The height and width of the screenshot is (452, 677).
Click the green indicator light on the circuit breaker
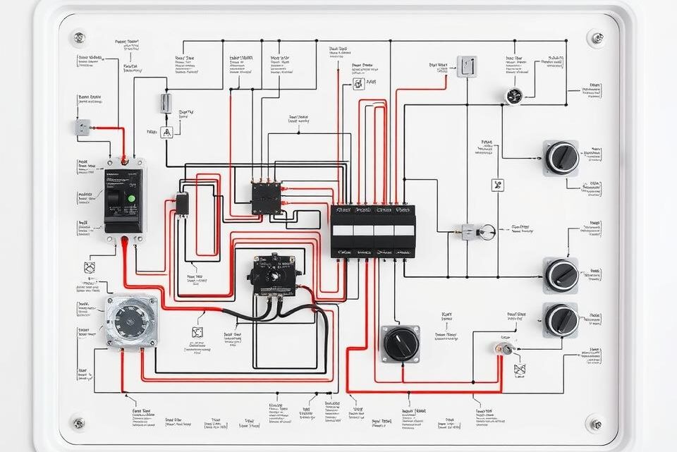click(130, 198)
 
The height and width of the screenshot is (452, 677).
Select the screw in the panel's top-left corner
click(78, 36)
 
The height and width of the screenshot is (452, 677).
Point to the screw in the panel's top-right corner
click(597, 37)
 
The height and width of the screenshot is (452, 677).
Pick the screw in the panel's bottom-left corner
click(78, 423)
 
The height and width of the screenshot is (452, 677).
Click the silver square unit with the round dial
click(131, 320)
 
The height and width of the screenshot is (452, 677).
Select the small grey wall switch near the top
click(466, 66)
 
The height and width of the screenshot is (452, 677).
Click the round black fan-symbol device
click(514, 96)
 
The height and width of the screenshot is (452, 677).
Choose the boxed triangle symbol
click(166, 132)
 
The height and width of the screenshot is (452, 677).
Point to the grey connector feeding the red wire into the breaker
click(83, 127)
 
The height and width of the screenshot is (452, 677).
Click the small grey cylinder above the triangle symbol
click(165, 103)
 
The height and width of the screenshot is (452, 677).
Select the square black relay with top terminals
click(267, 197)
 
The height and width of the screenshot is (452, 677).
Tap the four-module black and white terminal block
click(373, 231)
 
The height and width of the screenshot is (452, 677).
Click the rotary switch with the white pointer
click(401, 343)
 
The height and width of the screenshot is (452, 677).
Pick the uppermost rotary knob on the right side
click(561, 157)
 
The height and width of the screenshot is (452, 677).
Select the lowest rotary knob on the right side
click(561, 319)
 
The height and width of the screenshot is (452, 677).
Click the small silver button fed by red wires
click(506, 348)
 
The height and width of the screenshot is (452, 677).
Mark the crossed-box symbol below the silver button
click(520, 369)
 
